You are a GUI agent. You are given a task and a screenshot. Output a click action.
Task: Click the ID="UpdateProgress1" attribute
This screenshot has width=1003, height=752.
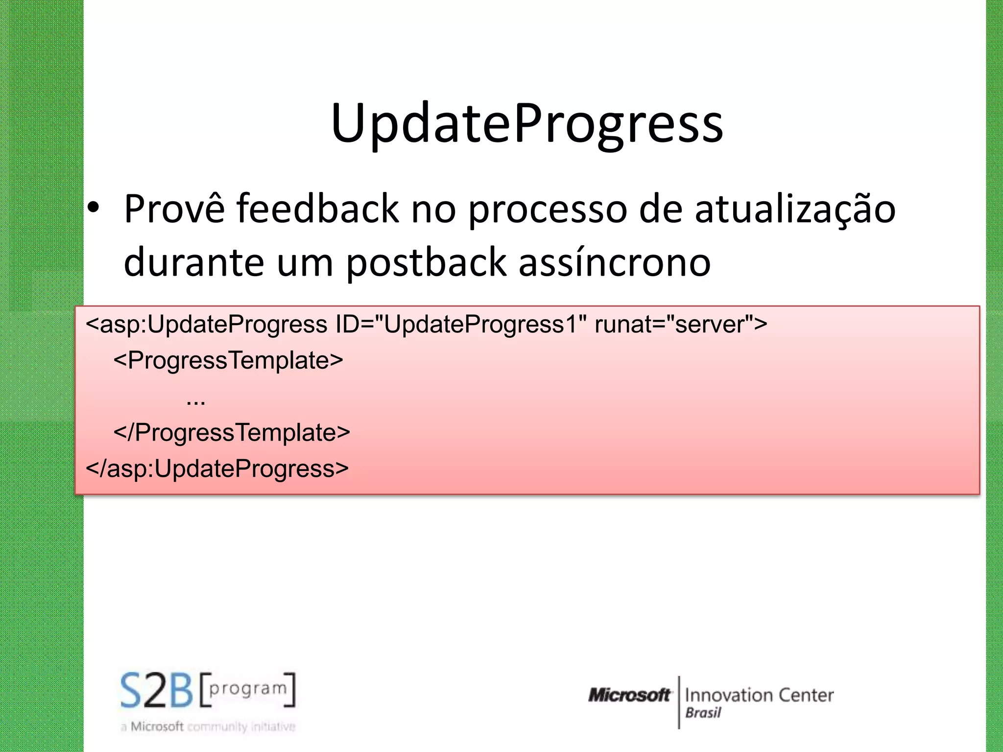[461, 324]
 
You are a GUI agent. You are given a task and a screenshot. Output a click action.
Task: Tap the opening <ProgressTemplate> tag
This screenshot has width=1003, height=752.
[228, 360]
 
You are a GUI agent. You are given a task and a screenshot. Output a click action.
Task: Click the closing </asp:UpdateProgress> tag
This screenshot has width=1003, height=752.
[217, 469]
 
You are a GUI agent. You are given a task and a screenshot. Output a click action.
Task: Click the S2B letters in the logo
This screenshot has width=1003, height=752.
[157, 690]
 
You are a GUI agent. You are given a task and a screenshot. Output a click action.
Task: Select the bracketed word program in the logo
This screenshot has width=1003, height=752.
[248, 689]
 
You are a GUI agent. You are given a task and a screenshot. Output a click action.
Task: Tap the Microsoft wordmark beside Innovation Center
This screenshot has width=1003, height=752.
[629, 695]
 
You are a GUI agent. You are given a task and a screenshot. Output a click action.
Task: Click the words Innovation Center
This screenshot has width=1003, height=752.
[759, 695]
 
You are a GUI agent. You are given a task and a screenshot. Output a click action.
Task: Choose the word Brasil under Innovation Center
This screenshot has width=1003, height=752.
[703, 713]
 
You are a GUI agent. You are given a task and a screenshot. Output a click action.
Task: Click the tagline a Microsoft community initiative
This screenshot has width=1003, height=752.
[208, 727]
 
